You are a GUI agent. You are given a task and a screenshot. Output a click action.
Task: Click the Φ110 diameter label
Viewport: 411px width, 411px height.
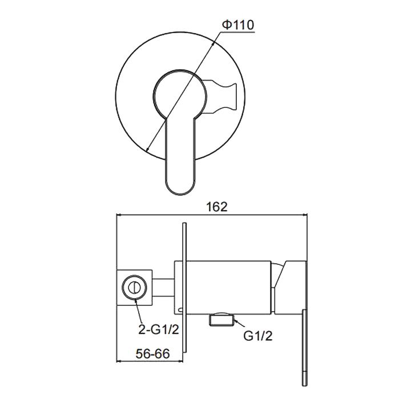pyautogui.click(x=238, y=25)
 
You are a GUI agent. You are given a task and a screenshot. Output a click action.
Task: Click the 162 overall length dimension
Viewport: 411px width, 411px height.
pyautogui.click(x=217, y=207)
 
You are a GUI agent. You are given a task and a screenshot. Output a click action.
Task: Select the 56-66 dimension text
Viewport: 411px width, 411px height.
pyautogui.click(x=153, y=354)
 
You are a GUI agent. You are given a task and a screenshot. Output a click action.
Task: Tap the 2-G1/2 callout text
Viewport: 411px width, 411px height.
pyautogui.click(x=159, y=329)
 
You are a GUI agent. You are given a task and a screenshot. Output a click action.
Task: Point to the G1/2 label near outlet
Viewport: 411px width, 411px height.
pyautogui.click(x=257, y=336)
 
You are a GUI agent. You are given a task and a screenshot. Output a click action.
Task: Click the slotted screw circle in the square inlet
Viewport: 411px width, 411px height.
pyautogui.click(x=135, y=288)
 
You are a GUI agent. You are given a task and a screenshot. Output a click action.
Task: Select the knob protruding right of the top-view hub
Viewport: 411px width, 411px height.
pyautogui.click(x=221, y=96)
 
